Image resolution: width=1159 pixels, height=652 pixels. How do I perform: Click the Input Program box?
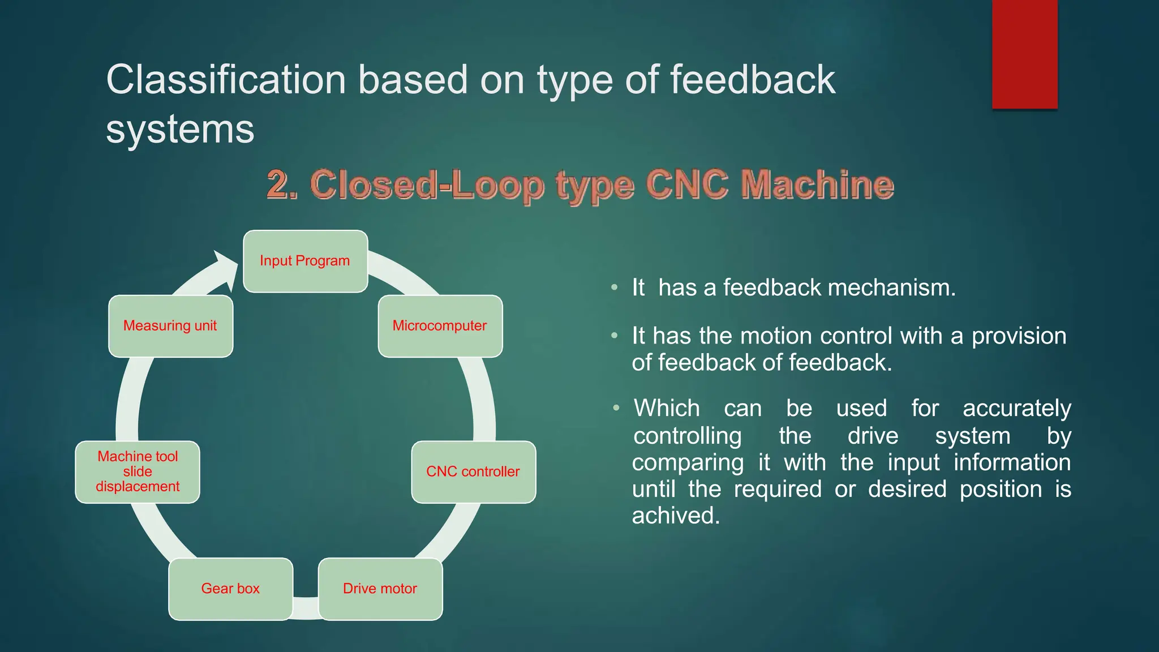point(305,261)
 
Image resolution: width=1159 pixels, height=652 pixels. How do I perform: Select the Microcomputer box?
point(440,326)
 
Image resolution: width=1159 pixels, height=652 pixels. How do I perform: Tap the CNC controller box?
point(473,471)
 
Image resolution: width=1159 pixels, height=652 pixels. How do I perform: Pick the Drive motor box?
point(380,589)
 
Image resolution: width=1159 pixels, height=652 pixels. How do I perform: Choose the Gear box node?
point(230,589)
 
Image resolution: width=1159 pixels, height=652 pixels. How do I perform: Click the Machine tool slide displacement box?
point(138,471)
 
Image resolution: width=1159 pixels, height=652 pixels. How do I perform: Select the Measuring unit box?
point(170,326)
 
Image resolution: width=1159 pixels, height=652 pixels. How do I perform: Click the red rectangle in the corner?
point(1024,54)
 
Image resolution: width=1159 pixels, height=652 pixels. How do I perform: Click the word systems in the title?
point(180,129)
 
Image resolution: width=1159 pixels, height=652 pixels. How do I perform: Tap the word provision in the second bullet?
point(1019,336)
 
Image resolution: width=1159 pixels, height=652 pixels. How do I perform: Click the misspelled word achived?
point(676,516)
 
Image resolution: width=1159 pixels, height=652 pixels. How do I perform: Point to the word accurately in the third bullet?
point(1016,408)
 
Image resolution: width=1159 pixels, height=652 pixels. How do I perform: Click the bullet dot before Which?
point(616,408)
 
